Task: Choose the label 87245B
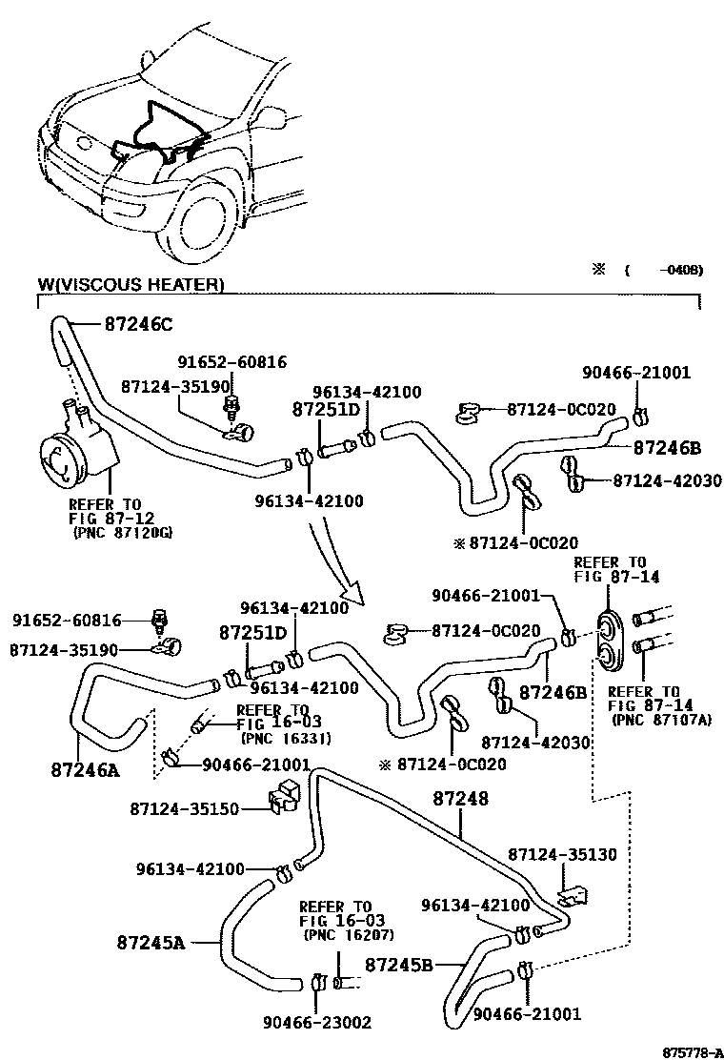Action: [x=400, y=965]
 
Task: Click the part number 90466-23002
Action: [x=317, y=1023]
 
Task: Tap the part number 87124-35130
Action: [x=562, y=854]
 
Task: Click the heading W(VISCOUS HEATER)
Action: [x=131, y=284]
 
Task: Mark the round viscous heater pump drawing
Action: [x=70, y=459]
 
